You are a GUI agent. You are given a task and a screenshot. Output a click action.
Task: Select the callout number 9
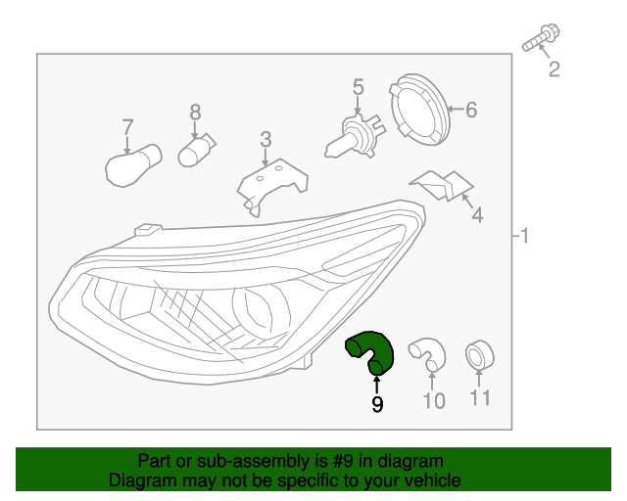coord(377,403)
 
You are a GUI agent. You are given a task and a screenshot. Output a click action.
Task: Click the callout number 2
coord(554,68)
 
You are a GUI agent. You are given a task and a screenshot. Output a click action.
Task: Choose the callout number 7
coord(127,126)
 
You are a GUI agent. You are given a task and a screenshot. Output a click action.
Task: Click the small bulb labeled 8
coord(196,151)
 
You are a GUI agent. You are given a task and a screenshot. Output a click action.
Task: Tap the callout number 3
coord(265,141)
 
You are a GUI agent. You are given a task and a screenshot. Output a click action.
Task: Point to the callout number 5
coord(359,87)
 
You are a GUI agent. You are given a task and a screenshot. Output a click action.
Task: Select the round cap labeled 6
coord(419,109)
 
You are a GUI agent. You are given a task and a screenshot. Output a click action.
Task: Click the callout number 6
coord(471,110)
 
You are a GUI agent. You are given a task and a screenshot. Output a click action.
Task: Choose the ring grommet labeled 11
coord(479,354)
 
